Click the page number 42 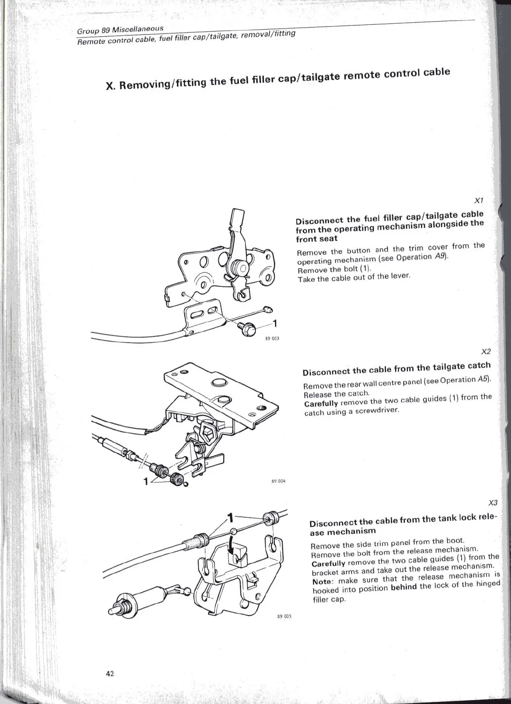click(110, 674)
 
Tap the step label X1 click(480, 201)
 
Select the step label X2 click(486, 351)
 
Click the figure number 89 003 click(272, 338)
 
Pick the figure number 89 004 click(278, 481)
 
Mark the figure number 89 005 click(284, 616)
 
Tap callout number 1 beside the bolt click(275, 323)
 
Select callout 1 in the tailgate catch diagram click(146, 481)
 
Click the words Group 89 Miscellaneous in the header click(120, 30)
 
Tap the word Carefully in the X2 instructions click(321, 404)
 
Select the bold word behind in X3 click(404, 587)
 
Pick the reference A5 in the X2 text click(483, 379)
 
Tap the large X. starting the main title click(110, 86)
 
